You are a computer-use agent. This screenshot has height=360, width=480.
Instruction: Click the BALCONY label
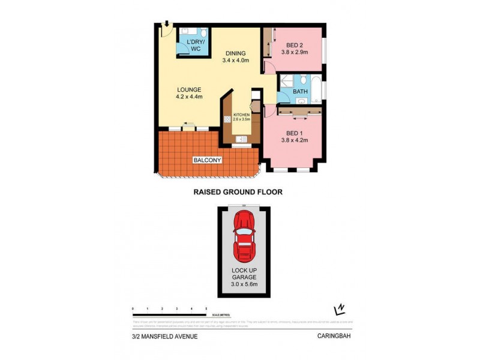[208, 160]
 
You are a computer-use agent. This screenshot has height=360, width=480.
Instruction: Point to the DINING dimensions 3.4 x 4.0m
[235, 60]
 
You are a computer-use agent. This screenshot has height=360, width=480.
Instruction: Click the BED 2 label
[294, 45]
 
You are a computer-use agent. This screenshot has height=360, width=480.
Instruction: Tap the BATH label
[300, 92]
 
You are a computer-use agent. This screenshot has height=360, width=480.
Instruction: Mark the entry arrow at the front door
[166, 23]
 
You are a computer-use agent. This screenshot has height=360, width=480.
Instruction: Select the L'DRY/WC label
[195, 45]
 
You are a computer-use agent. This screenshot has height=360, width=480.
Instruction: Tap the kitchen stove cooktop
[227, 118]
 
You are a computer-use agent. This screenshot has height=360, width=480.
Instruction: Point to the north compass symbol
[340, 309]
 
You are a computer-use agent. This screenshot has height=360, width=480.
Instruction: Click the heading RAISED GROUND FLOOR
[238, 192]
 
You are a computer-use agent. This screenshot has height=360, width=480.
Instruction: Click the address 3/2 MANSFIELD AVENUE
[164, 337]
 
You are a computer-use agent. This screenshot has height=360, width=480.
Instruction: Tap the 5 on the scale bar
[206, 308]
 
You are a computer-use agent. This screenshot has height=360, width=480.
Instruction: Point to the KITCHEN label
[241, 114]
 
